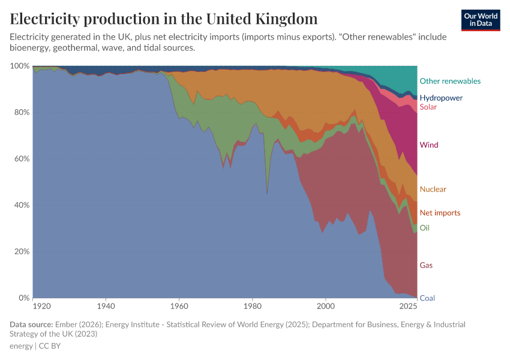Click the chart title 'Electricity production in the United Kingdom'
tap(164, 19)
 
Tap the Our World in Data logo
tap(481, 20)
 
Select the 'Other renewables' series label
tap(450, 81)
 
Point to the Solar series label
tap(428, 107)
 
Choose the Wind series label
tap(429, 145)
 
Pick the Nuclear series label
tap(433, 189)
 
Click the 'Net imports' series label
tap(440, 213)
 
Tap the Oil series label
tap(424, 228)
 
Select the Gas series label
tap(426, 265)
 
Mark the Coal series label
tap(427, 298)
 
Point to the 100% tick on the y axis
tap(21, 66)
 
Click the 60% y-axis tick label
tap(22, 159)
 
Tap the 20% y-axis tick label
tap(22, 251)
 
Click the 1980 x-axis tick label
tap(253, 306)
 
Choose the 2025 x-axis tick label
tap(409, 306)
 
